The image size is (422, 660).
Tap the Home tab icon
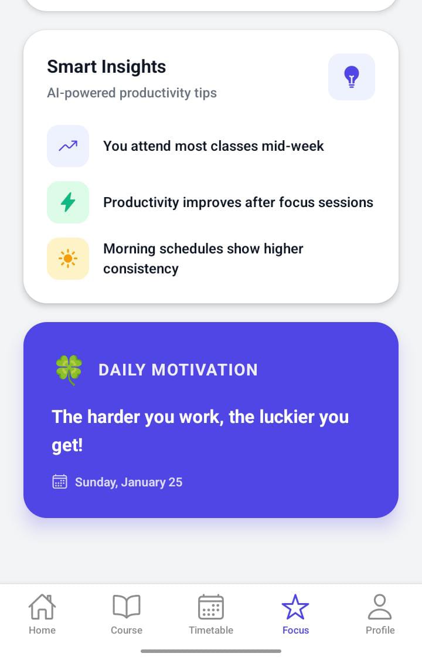(x=42, y=607)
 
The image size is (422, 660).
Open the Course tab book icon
(x=127, y=607)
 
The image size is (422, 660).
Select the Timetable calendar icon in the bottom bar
(x=211, y=607)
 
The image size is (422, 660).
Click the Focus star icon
(x=295, y=607)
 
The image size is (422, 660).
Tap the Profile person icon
(x=380, y=607)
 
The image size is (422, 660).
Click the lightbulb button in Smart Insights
(x=352, y=77)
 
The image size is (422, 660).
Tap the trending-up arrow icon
(x=68, y=146)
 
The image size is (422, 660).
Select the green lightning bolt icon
(x=68, y=202)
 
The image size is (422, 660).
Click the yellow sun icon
(x=68, y=259)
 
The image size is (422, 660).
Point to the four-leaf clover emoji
(x=69, y=370)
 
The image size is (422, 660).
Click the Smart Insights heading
(x=106, y=67)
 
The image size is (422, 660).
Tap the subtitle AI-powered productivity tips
(x=132, y=93)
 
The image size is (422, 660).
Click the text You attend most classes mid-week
(x=213, y=146)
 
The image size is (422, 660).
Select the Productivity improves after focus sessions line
(x=239, y=202)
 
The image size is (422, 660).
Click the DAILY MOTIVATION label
(x=178, y=370)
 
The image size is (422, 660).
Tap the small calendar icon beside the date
(x=60, y=482)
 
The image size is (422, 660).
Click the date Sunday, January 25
(x=128, y=482)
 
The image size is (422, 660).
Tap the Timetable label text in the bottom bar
(x=211, y=630)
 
